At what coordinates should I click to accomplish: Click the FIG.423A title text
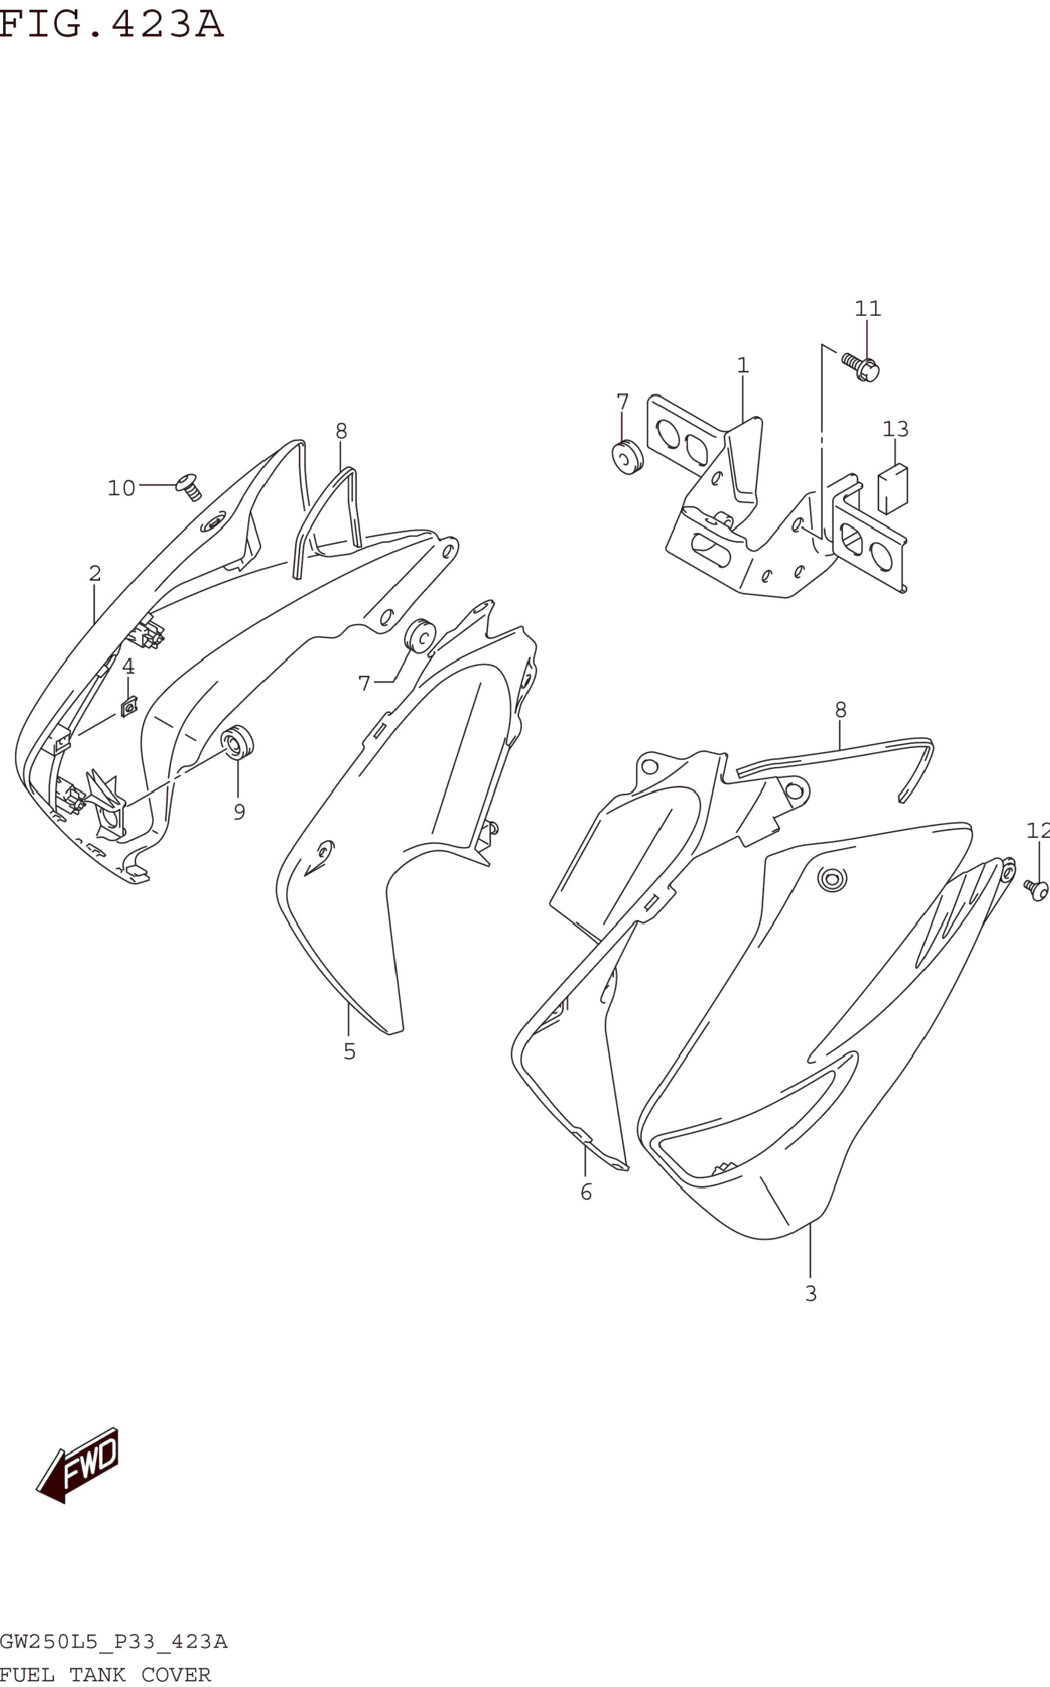tap(111, 24)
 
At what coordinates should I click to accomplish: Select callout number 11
tap(867, 309)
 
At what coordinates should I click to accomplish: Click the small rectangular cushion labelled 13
tap(893, 489)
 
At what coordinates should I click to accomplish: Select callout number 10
tap(121, 489)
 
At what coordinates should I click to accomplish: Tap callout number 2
tap(94, 573)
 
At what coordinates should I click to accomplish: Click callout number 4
tap(128, 666)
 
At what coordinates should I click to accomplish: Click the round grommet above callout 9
tap(237, 743)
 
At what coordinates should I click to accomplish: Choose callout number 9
tap(239, 812)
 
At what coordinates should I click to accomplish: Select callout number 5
tap(349, 1052)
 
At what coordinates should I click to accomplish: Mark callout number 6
tap(586, 1192)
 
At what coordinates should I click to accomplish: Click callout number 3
tap(810, 1293)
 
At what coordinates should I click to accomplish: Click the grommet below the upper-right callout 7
tap(627, 457)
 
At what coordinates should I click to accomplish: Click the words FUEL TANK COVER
tap(105, 1675)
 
